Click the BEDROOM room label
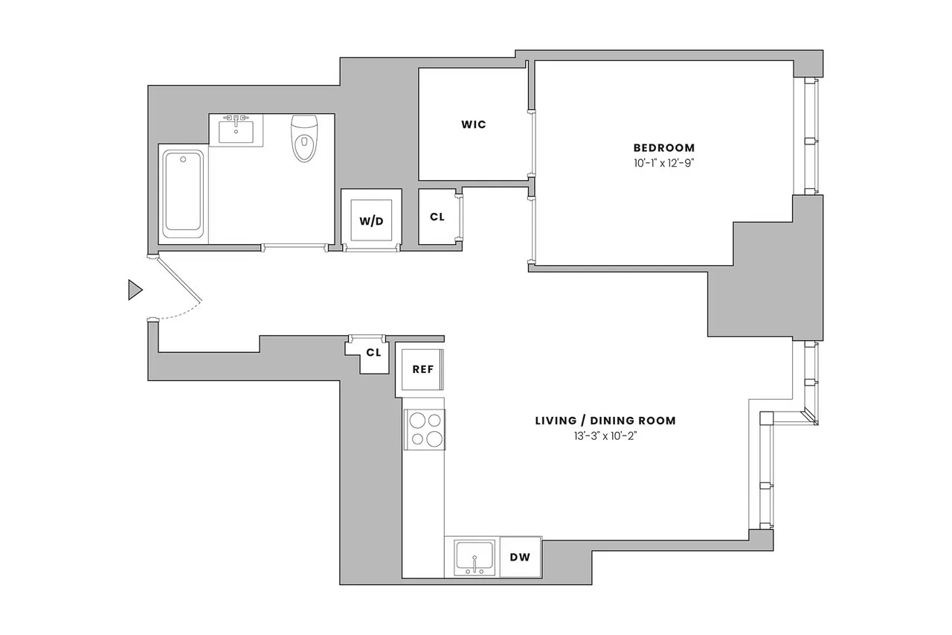tap(663, 147)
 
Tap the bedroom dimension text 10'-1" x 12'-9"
tap(663, 162)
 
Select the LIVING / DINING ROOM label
tap(605, 421)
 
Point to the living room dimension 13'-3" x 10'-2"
tap(605, 435)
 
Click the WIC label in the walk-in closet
tap(473, 124)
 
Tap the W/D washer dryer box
tap(371, 220)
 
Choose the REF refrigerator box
tap(422, 368)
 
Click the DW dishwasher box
tap(520, 557)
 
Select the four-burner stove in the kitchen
tap(425, 430)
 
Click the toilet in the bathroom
tap(303, 138)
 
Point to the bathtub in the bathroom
tap(183, 193)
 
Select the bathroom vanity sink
tap(236, 130)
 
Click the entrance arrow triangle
tap(135, 290)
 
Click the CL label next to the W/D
tap(437, 217)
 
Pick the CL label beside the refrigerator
tap(373, 352)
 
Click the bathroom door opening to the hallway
tap(295, 247)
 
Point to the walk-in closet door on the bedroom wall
tap(531, 143)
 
